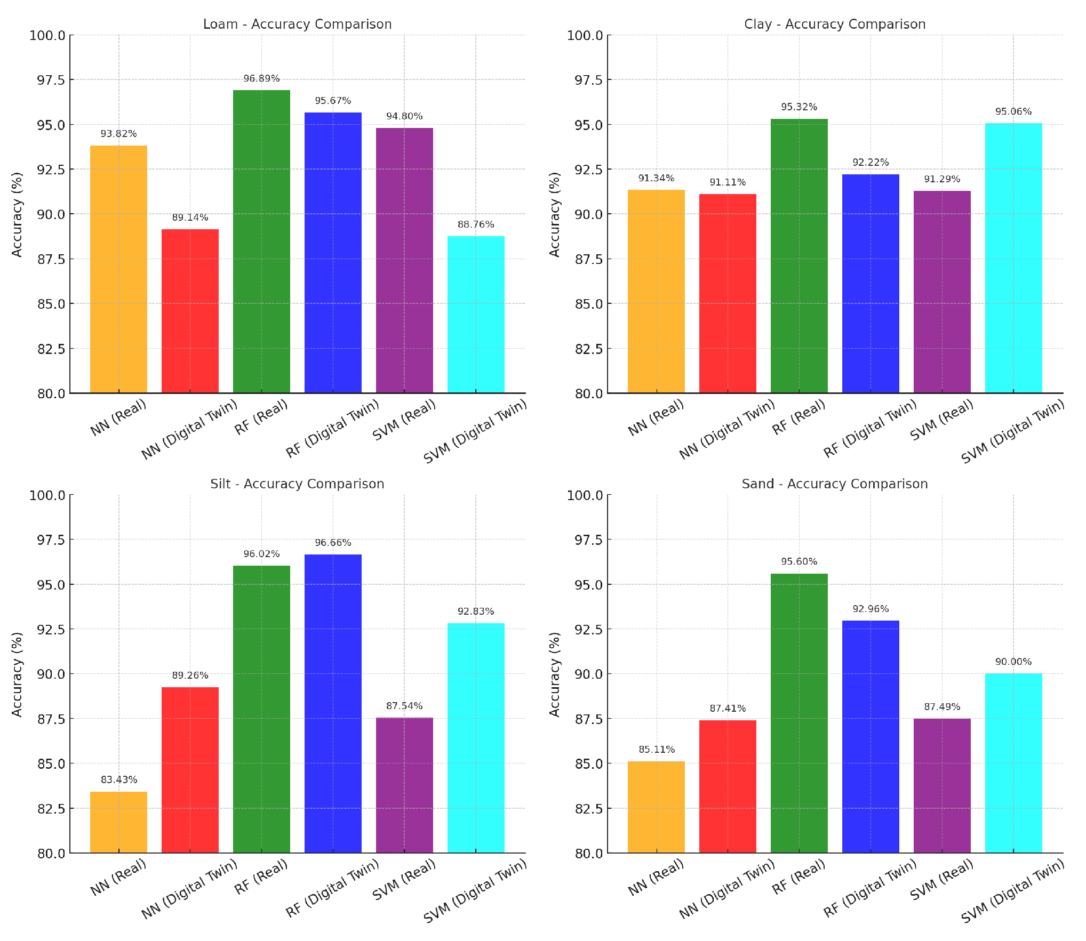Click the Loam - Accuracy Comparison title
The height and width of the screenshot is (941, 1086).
coord(297,25)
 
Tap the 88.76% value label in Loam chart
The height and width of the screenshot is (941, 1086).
coord(475,224)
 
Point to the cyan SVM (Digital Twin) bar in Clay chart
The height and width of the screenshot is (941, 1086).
coord(1013,258)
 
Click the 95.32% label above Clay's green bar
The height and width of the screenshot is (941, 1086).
coord(798,107)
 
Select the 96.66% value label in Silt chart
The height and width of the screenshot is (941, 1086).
coord(333,543)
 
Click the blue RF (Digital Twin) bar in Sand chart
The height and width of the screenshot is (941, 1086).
coord(870,736)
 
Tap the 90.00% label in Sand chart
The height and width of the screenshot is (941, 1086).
coord(1013,662)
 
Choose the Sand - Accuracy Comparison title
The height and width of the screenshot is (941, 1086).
coord(834,484)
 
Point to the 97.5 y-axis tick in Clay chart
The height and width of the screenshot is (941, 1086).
coord(588,80)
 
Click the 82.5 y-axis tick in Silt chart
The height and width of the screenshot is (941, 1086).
coord(51,809)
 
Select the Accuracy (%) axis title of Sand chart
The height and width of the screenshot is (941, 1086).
coord(555,674)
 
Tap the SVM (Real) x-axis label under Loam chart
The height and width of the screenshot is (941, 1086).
coord(404,420)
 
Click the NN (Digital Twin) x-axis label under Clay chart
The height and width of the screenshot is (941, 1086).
coord(727,429)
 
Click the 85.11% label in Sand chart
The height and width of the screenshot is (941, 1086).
coord(656,750)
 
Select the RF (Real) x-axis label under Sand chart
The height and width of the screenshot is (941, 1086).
coord(798,878)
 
